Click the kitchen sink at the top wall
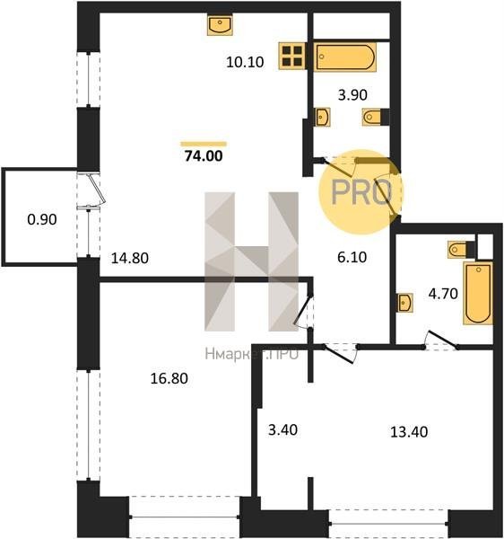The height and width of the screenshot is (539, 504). point(220,25)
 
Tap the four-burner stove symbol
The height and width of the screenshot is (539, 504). point(292,56)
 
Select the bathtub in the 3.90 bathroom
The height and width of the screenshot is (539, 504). point(345,57)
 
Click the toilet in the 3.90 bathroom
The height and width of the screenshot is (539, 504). point(372,117)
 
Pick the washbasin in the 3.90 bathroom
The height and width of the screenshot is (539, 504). point(323,117)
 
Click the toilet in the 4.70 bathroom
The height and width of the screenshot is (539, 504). point(457,249)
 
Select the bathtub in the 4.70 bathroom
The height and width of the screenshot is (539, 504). point(478,293)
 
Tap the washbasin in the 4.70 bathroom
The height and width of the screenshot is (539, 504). point(405,303)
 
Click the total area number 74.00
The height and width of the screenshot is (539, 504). point(204,156)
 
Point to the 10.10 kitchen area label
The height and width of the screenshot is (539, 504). point(245,62)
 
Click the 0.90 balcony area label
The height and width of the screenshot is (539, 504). point(42,219)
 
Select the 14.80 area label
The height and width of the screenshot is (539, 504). point(130,258)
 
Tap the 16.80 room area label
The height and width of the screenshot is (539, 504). point(169,378)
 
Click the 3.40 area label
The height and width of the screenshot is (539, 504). point(282,429)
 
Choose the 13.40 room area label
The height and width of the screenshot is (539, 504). point(409,432)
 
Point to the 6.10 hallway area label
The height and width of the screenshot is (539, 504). point(352,257)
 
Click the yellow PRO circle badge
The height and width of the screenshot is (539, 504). point(361,192)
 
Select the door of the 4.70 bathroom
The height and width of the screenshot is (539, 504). point(441,341)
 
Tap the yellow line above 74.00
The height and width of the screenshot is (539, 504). point(204,144)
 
